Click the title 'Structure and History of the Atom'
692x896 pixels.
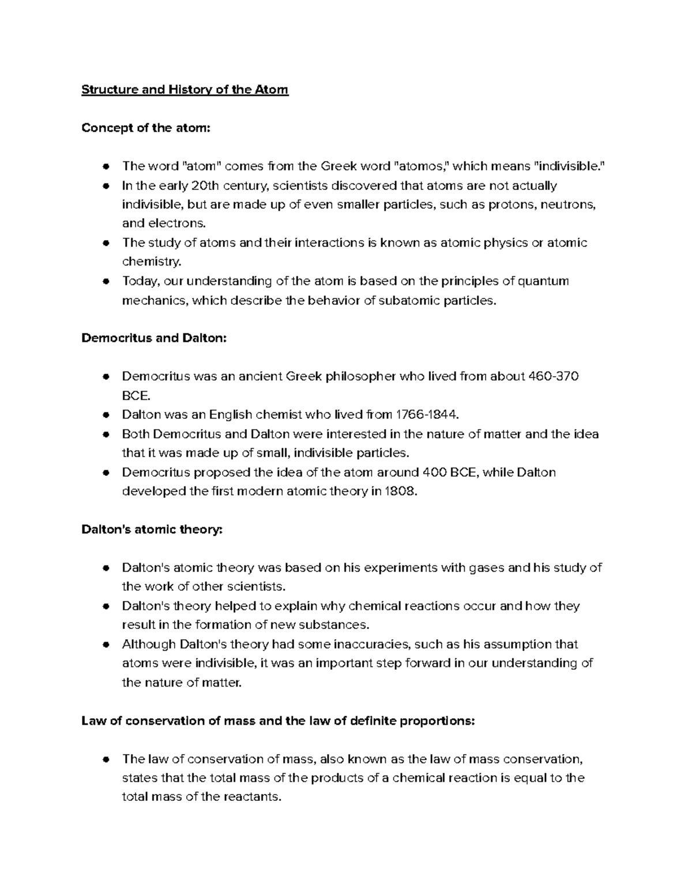tap(185, 90)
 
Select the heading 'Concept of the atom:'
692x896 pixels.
tap(146, 128)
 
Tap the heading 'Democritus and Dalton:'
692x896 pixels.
tap(154, 338)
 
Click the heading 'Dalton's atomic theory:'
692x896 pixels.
tap(152, 529)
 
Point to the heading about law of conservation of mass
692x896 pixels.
tap(278, 721)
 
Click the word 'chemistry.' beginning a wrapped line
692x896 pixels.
tap(152, 262)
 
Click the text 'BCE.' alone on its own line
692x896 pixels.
tap(136, 396)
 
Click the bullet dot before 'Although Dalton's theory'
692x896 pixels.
tap(105, 644)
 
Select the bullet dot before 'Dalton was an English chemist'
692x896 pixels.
tap(105, 415)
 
